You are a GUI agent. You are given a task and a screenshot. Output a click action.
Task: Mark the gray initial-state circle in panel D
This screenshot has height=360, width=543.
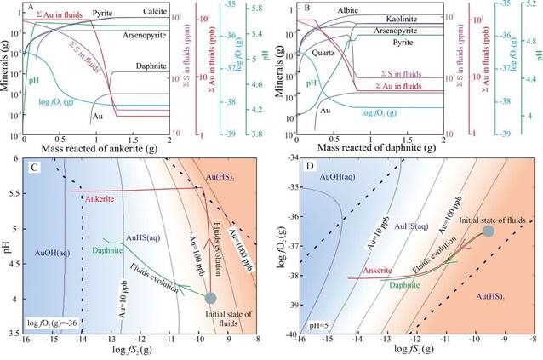tap(488, 231)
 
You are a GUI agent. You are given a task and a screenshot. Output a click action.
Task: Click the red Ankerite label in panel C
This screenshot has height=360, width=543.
tap(101, 199)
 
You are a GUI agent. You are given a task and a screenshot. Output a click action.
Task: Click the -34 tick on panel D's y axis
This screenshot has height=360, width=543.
tap(288, 157)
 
